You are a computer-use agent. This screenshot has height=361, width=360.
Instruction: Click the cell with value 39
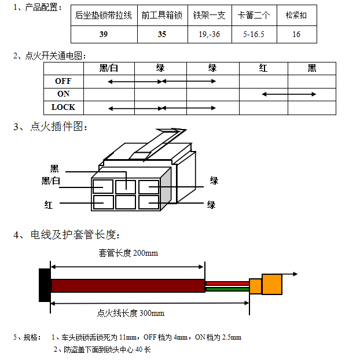click(104, 34)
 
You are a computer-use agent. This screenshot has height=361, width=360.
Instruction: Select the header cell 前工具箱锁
click(163, 15)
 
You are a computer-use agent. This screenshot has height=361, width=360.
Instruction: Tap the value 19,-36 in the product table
click(210, 34)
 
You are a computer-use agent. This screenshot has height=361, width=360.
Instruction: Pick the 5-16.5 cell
click(254, 34)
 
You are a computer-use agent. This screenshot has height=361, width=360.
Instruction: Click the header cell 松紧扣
click(297, 15)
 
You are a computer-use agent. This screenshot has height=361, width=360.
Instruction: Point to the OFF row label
click(63, 81)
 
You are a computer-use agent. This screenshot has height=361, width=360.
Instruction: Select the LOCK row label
click(63, 107)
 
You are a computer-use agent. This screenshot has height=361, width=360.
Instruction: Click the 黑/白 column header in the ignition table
click(109, 68)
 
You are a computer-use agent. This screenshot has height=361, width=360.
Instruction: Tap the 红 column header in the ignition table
click(263, 68)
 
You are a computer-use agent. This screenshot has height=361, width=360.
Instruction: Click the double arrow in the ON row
click(289, 94)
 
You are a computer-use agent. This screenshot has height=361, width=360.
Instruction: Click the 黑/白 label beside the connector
click(51, 181)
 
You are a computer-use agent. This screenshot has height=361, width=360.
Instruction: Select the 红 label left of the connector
click(49, 205)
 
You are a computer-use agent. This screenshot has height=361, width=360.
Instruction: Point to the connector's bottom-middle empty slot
click(126, 202)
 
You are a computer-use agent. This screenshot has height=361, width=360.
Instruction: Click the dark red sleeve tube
click(128, 286)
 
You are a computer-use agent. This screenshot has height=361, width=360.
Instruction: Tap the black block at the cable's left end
click(45, 285)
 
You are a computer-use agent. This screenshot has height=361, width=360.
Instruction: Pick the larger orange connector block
click(272, 284)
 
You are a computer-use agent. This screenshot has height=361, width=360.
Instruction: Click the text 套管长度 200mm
click(128, 253)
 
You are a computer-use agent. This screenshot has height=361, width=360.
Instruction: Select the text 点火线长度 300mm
click(131, 313)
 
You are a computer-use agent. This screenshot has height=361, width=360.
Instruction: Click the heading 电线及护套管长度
click(74, 235)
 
